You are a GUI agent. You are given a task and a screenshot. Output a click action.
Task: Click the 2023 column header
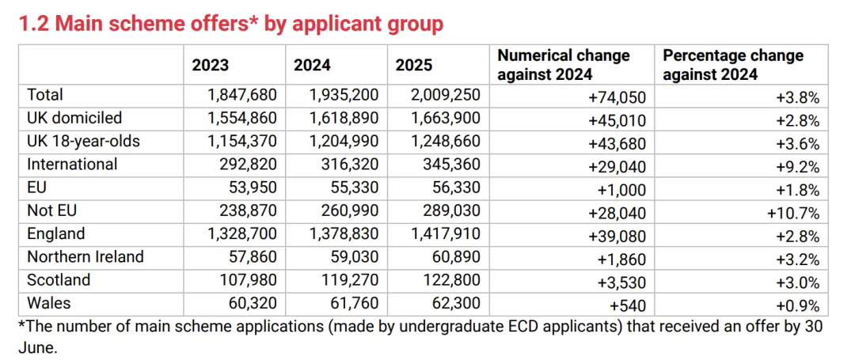point(210,66)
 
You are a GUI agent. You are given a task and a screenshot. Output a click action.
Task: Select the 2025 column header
point(414,66)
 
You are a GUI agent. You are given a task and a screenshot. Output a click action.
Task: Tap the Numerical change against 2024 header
point(563,65)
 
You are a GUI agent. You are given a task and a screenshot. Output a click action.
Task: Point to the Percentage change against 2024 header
point(732,65)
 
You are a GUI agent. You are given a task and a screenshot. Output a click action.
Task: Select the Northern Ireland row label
point(85,257)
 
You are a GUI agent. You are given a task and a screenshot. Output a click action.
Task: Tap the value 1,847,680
point(242,96)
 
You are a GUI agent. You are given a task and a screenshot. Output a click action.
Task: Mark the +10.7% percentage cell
point(792,213)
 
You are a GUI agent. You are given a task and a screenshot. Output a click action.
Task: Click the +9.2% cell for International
point(797,167)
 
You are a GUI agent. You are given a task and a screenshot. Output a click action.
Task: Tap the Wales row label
point(48,304)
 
